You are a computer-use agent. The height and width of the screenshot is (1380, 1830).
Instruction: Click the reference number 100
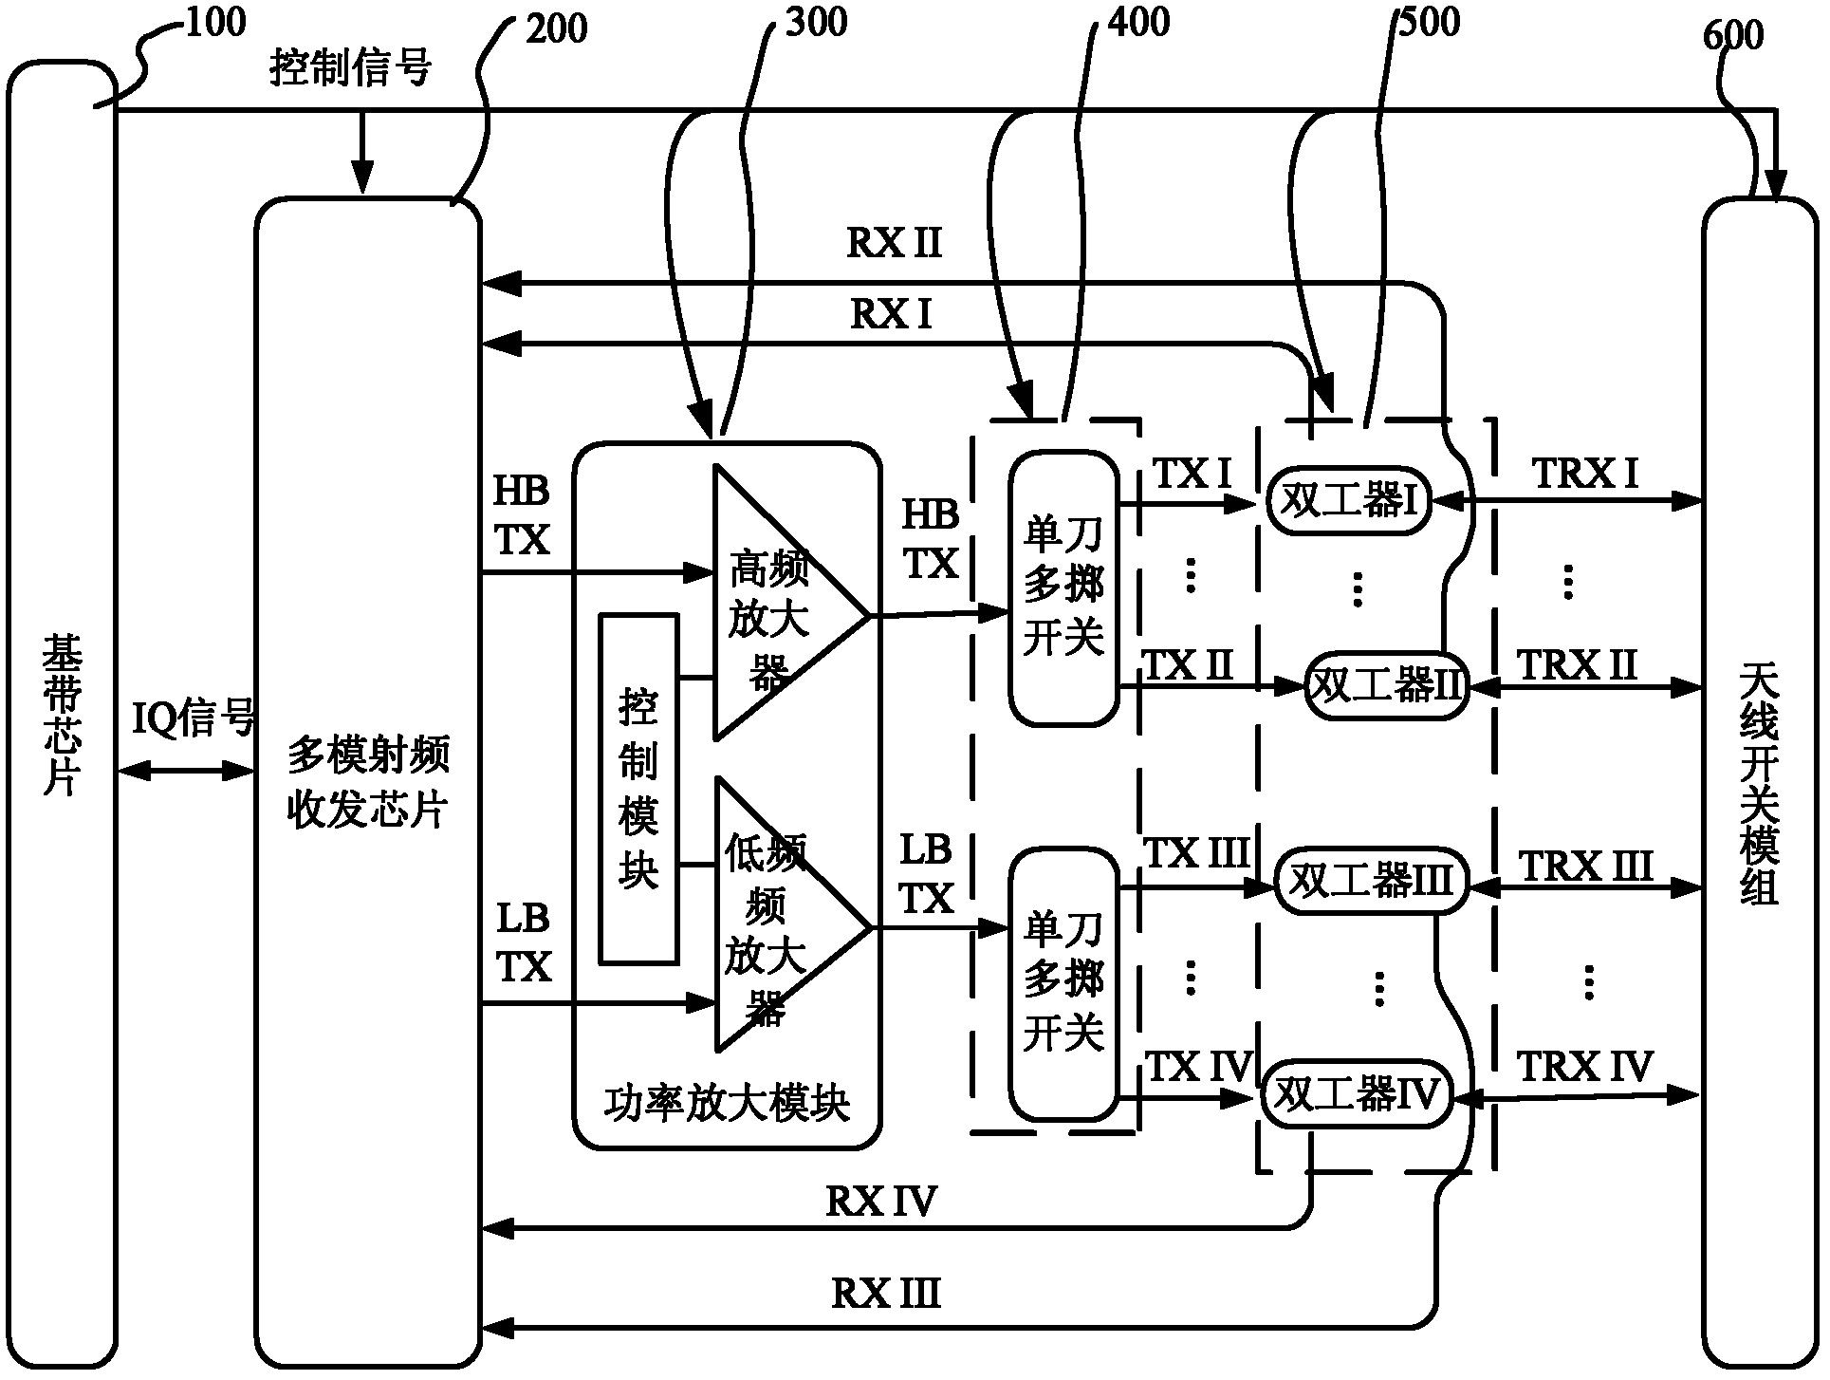(216, 22)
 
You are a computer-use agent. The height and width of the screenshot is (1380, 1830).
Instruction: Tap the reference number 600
(1732, 35)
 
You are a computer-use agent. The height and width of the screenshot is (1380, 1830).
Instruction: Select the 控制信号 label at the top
(351, 68)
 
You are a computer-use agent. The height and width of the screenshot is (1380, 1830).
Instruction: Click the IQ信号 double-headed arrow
(186, 772)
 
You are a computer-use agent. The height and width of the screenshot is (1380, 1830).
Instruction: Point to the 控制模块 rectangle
(638, 789)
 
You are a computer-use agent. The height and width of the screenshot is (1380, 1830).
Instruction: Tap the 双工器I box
(1349, 500)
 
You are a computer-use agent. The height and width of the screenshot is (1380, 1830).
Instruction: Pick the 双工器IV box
(1357, 1095)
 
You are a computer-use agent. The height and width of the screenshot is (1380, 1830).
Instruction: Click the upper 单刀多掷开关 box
(1063, 587)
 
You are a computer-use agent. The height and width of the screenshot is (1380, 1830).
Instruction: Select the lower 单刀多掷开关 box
(1063, 982)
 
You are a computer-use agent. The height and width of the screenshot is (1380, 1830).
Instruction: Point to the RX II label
(894, 243)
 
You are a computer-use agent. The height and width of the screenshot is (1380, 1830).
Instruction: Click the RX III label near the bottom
(886, 1294)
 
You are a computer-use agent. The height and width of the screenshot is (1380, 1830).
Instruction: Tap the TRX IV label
(1585, 1067)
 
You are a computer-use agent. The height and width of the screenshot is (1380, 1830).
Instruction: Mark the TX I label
(1192, 472)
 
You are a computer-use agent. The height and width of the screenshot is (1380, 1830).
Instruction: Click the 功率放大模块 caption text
(726, 1103)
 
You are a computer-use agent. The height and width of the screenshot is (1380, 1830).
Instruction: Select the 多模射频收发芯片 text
(368, 783)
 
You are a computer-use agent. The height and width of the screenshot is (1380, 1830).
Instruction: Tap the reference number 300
(816, 22)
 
